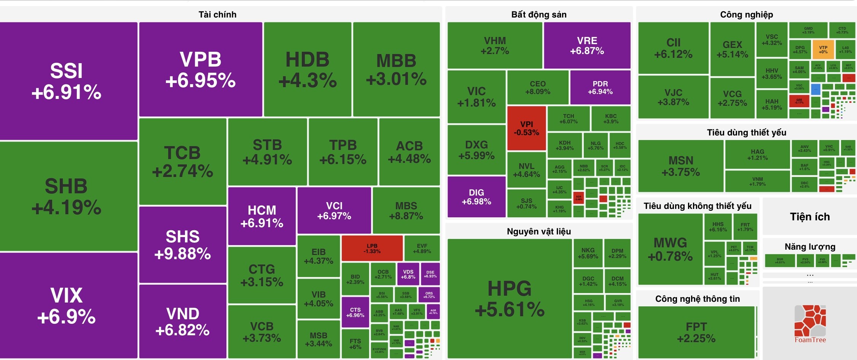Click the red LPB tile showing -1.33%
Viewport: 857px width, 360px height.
click(x=372, y=248)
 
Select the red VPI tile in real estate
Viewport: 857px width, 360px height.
click(x=526, y=128)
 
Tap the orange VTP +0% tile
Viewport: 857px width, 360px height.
click(x=823, y=49)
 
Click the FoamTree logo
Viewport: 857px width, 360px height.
click(x=810, y=323)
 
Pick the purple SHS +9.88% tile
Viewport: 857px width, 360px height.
click(x=183, y=245)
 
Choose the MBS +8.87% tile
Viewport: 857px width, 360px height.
click(x=406, y=210)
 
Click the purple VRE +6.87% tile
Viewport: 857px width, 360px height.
click(x=587, y=46)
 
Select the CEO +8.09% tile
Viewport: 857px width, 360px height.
click(x=537, y=88)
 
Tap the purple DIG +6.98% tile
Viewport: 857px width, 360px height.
click(x=476, y=197)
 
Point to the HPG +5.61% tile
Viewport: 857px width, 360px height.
click(x=510, y=299)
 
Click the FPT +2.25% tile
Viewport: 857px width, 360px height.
click(x=696, y=332)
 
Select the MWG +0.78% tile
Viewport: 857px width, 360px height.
click(x=670, y=249)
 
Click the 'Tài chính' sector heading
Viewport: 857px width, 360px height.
click(x=217, y=14)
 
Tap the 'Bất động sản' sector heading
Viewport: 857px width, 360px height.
click(x=538, y=14)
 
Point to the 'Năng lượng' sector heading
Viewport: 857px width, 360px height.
click(x=810, y=247)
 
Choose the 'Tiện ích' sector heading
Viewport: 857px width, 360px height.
click(x=810, y=217)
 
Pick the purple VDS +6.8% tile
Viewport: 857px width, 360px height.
click(x=408, y=274)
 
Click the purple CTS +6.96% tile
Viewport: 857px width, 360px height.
click(x=355, y=312)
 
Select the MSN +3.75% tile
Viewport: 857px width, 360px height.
click(x=681, y=166)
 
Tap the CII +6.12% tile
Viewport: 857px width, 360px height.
click(x=673, y=48)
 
